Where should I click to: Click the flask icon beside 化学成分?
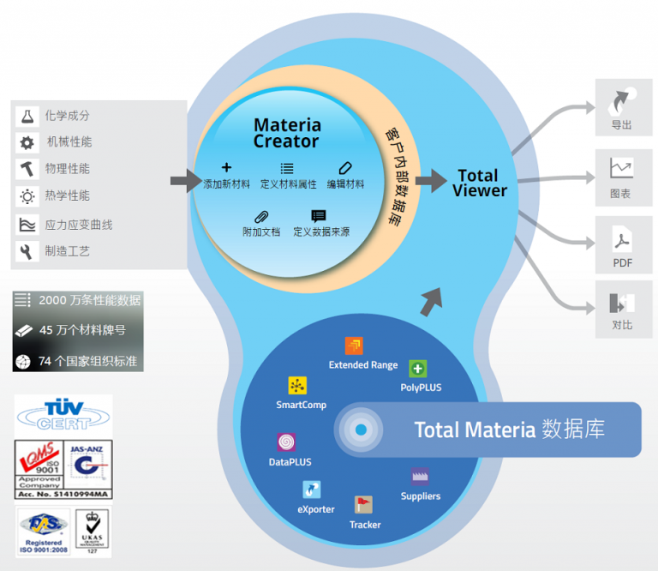tap(27, 116)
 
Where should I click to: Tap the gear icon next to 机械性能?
tap(27, 143)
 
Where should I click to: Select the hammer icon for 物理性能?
tap(27, 170)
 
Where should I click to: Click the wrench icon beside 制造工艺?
tap(27, 251)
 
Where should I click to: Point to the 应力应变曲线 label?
tap(79, 225)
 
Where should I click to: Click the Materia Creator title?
tap(287, 133)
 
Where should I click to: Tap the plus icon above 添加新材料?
tap(226, 168)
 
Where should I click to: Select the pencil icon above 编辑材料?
tap(345, 169)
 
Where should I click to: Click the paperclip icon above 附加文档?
tap(261, 216)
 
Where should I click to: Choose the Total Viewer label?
tap(479, 183)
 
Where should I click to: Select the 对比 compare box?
tap(623, 308)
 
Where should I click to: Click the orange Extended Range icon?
tap(354, 346)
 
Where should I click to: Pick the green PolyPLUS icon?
tap(418, 369)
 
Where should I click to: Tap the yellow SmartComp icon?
tap(297, 385)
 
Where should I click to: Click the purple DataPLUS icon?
tap(287, 442)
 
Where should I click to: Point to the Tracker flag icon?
tap(363, 505)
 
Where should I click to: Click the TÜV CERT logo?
tap(63, 414)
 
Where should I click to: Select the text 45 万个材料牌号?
tap(82, 330)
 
